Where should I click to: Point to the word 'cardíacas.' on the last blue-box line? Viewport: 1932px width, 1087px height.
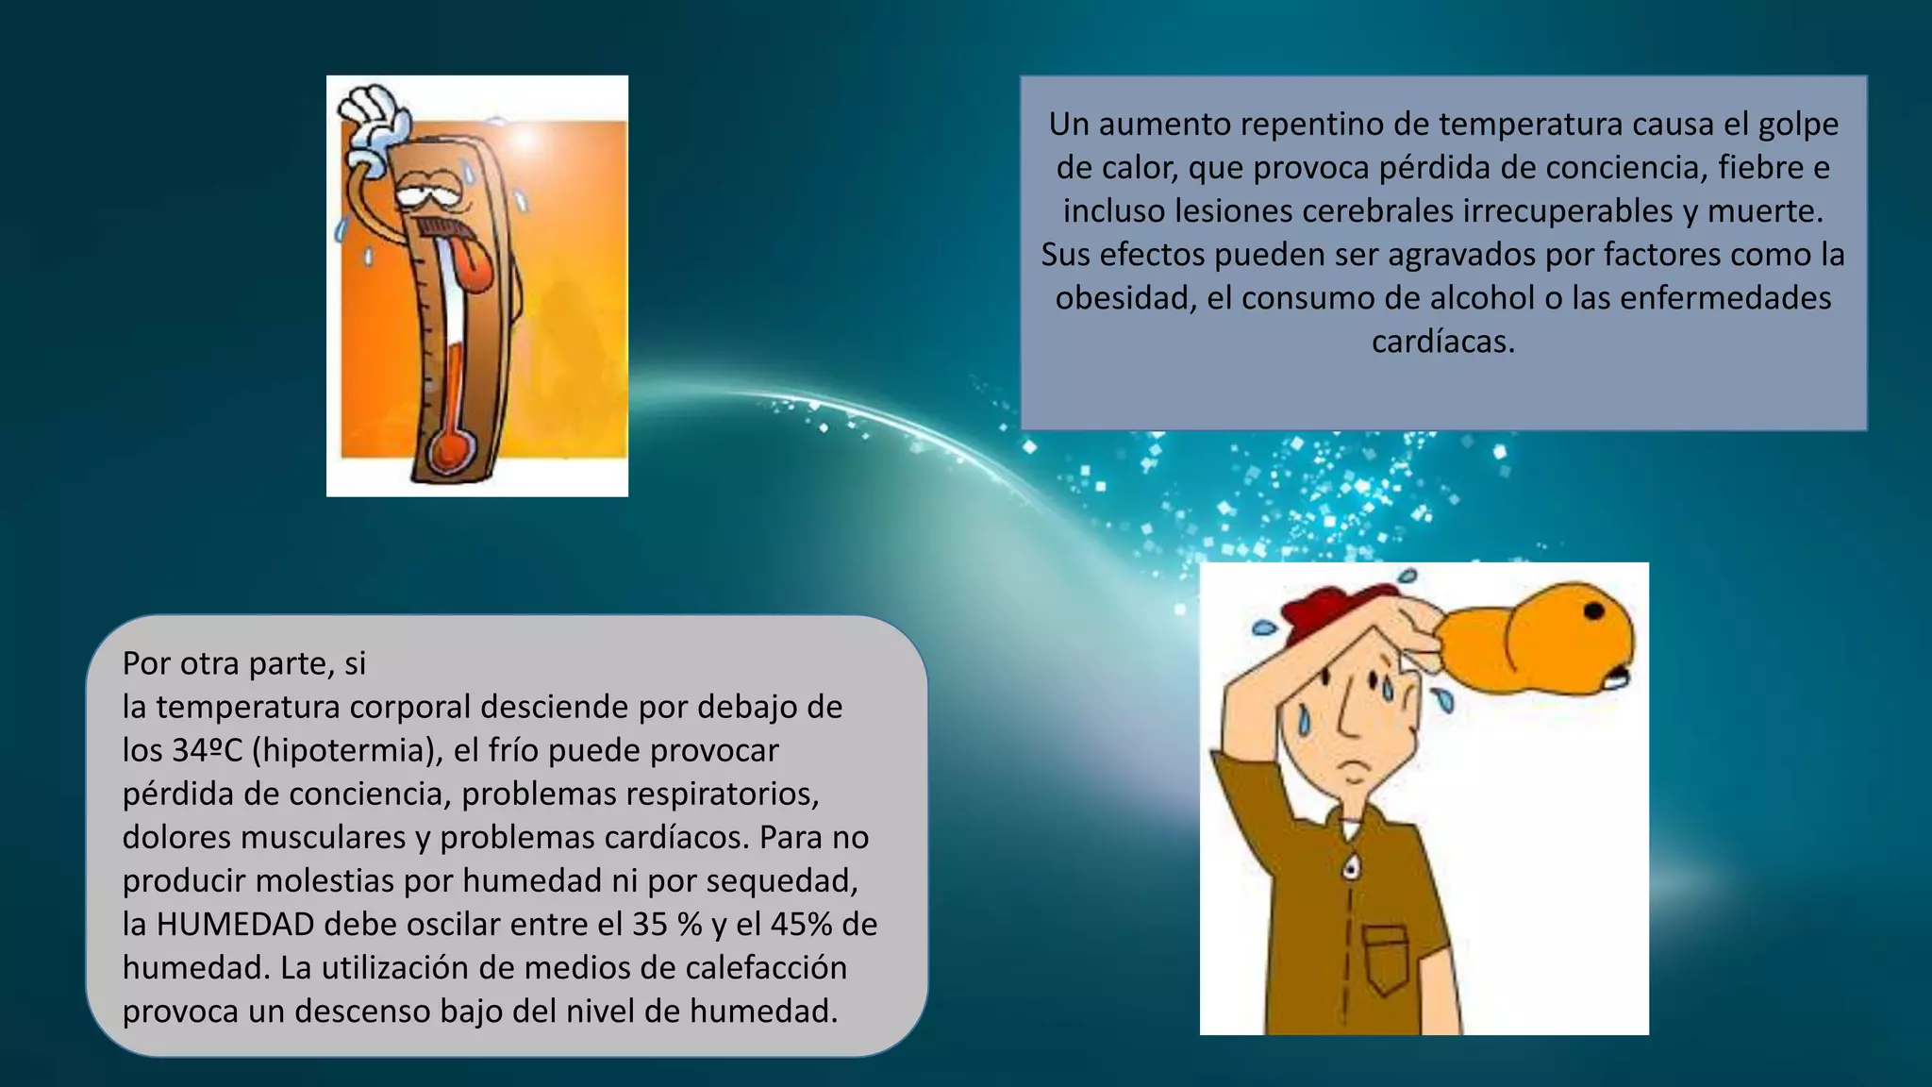pyautogui.click(x=1443, y=341)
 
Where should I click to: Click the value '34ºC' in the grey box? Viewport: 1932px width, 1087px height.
pyautogui.click(x=208, y=750)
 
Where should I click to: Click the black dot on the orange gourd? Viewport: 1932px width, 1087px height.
pyautogui.click(x=1593, y=611)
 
